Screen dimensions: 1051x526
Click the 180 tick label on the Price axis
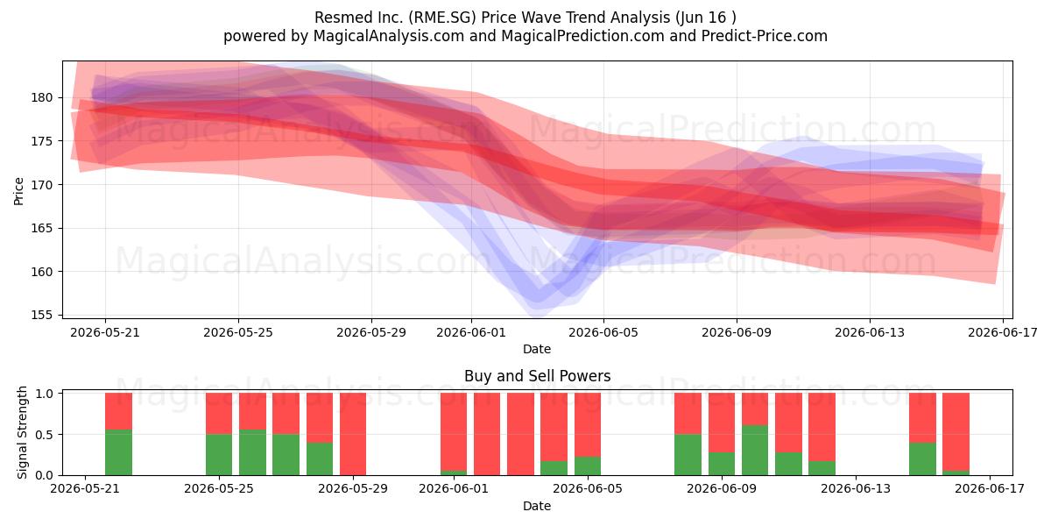point(42,97)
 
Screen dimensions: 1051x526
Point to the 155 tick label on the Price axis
point(42,315)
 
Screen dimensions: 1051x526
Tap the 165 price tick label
point(42,228)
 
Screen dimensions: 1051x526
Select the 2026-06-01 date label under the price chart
point(471,332)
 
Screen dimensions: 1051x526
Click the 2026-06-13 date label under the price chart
point(870,332)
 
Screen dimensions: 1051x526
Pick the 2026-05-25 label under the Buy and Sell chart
point(219,488)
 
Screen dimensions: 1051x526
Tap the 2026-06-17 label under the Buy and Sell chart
point(990,488)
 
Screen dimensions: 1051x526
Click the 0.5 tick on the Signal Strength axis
point(45,435)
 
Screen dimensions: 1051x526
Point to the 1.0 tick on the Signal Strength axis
point(45,394)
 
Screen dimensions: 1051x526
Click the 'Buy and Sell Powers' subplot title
point(537,376)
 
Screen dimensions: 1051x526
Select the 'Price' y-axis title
point(18,191)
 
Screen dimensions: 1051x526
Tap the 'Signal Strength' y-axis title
point(22,432)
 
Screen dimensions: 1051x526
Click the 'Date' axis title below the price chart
point(537,349)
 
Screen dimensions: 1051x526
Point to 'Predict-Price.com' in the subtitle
point(765,36)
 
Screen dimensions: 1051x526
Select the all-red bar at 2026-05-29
point(353,434)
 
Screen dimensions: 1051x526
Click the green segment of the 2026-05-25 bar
point(219,455)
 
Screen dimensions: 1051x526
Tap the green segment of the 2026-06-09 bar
point(721,464)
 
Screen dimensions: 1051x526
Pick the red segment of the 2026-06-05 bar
point(588,425)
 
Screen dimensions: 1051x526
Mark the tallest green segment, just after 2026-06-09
point(755,451)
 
